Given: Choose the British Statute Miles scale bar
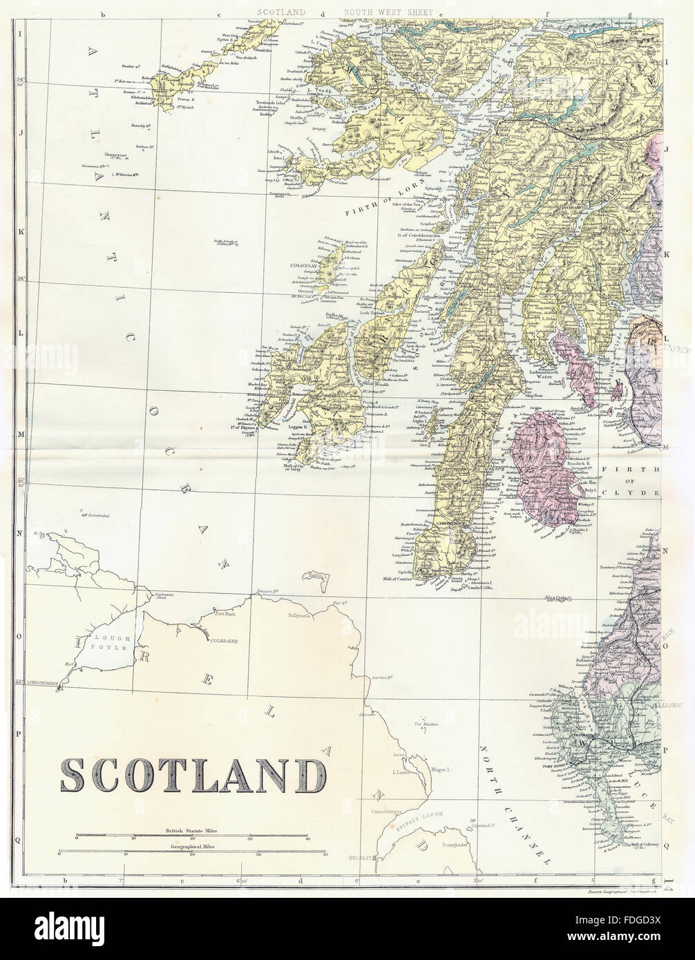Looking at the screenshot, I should point(192,836).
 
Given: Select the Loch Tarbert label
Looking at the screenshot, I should point(377,311).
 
